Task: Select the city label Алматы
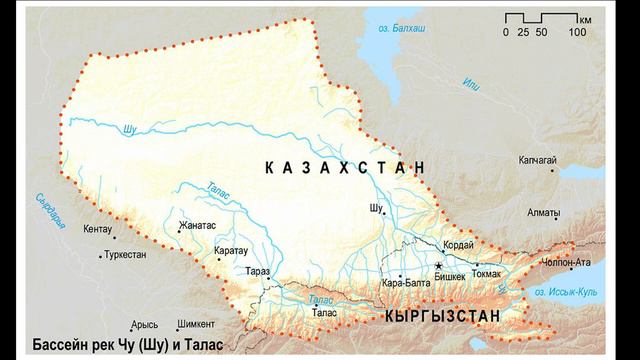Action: [x=544, y=213]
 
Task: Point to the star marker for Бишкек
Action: [x=438, y=265]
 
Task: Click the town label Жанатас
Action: [x=198, y=225]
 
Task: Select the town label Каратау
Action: [x=231, y=250]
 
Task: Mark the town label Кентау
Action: [x=98, y=229]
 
